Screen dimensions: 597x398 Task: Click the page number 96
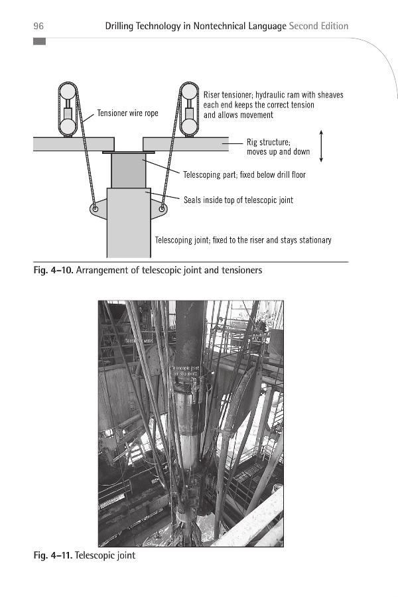click(x=38, y=27)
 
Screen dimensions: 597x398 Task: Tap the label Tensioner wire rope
click(x=128, y=113)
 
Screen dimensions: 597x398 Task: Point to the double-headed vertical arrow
click(x=321, y=146)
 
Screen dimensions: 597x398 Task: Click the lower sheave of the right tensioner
click(x=190, y=126)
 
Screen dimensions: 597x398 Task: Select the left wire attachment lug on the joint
click(x=96, y=209)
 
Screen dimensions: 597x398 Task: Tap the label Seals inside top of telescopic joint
click(x=238, y=200)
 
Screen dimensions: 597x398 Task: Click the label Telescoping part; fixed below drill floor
click(x=244, y=175)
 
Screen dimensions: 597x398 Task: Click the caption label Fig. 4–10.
click(x=53, y=270)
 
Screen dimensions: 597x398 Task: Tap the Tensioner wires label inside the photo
click(x=140, y=340)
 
